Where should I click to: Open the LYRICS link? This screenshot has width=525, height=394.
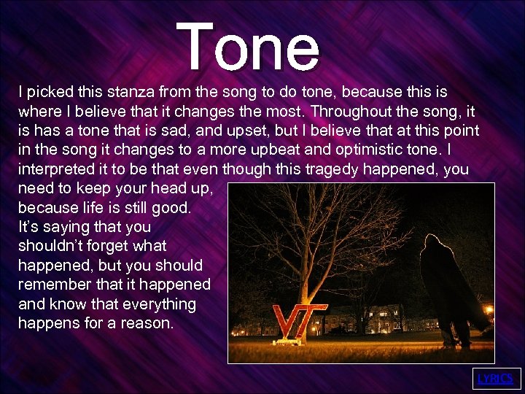click(496, 379)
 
